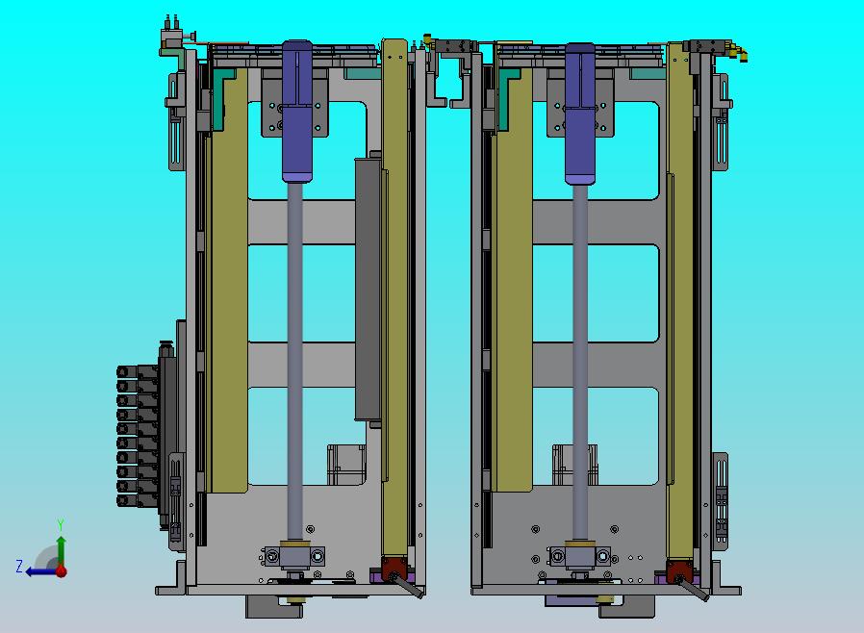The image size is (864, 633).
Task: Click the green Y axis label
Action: [x=61, y=524]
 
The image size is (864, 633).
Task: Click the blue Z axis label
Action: [x=19, y=566]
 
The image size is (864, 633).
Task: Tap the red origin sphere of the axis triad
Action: [x=62, y=571]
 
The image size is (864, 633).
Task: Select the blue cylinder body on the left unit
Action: [x=297, y=111]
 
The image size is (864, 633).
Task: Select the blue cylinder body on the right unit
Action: [x=580, y=113]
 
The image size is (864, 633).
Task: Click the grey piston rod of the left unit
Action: [x=295, y=362]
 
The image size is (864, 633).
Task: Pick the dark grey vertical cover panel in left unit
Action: [x=368, y=290]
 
